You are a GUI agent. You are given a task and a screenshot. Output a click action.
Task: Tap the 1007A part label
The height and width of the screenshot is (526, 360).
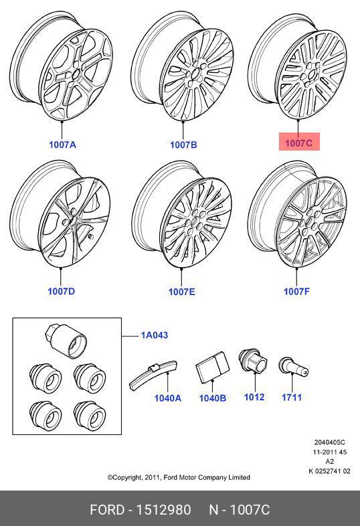tap(62, 145)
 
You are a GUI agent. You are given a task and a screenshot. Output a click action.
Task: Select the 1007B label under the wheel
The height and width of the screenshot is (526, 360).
tap(183, 145)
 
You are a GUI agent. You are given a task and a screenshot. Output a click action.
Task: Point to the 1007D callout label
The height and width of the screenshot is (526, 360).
tap(62, 291)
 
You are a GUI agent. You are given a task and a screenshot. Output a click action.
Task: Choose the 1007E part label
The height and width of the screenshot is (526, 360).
tap(181, 292)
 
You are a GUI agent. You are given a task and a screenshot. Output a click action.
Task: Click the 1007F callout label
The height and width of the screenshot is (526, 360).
tap(296, 291)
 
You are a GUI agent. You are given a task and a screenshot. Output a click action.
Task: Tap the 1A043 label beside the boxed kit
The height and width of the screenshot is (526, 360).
tap(155, 335)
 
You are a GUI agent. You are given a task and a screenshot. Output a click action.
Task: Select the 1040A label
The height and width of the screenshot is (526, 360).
tap(168, 398)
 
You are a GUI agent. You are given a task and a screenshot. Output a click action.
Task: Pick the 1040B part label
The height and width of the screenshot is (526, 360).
tap(213, 398)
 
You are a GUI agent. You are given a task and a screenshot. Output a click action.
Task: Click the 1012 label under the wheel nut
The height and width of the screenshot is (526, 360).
tap(254, 398)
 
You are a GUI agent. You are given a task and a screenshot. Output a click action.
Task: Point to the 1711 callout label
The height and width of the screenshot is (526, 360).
tap(292, 398)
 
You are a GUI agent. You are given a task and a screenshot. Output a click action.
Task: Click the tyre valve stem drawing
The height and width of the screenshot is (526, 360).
tap(293, 368)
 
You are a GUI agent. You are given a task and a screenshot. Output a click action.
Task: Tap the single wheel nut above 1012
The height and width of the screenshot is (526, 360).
tap(254, 361)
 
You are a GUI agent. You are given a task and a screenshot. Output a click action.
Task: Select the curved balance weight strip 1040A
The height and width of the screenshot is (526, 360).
tap(153, 375)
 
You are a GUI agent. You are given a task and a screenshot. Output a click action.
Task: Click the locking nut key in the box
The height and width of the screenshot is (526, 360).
tap(66, 341)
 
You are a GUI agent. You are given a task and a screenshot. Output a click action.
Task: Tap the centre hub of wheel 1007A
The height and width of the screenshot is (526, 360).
tap(75, 74)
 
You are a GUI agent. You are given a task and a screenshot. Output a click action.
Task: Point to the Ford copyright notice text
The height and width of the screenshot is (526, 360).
tap(179, 477)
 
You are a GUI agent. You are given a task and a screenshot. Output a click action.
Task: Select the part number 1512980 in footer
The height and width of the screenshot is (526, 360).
tap(163, 510)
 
